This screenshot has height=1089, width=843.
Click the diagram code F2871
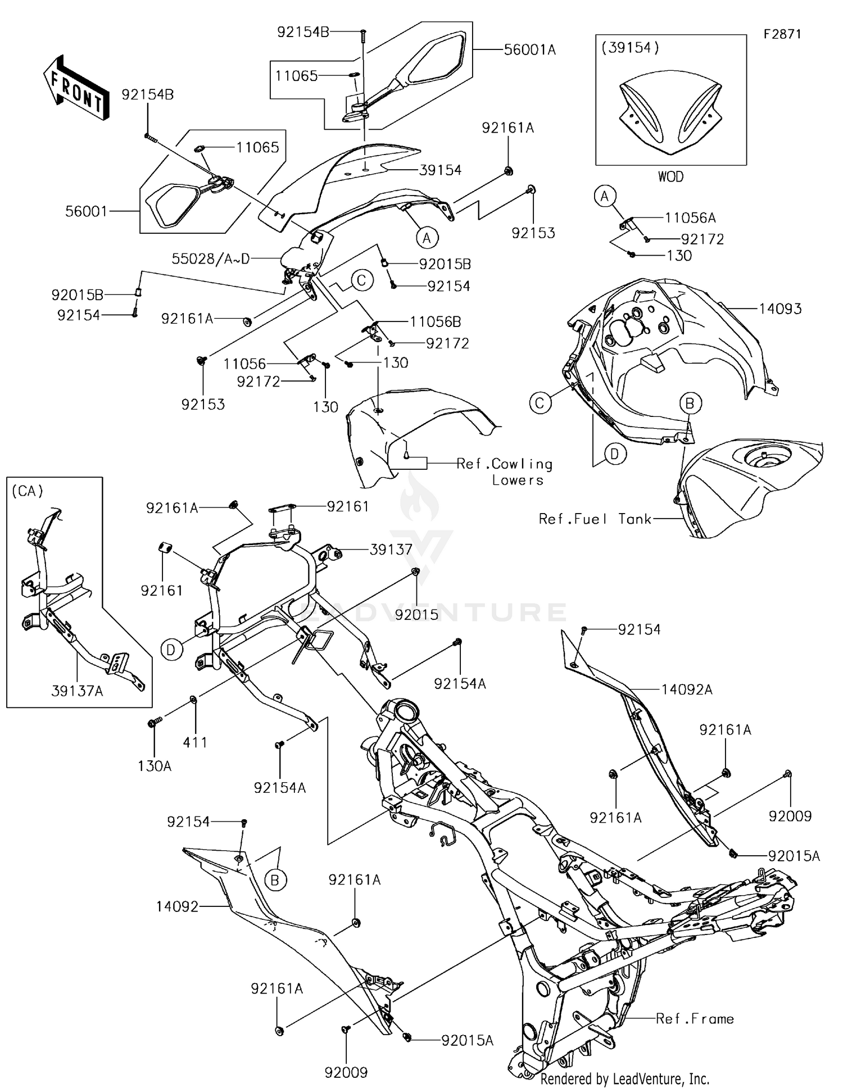coord(782,34)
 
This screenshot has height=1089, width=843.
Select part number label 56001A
coord(529,50)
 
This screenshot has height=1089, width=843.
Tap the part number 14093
coord(780,308)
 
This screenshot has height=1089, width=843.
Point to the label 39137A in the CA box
coord(77,691)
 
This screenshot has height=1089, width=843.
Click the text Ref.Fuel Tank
coord(595,519)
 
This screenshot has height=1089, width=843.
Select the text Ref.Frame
coord(695,1019)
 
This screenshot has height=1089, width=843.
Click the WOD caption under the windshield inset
coord(670,176)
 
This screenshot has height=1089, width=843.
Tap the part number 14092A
coord(686,689)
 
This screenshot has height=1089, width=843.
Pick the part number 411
coord(195,742)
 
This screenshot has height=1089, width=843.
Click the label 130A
coord(155,766)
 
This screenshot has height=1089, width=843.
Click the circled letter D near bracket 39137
coord(171,650)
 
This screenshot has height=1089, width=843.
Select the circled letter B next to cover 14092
coord(275,880)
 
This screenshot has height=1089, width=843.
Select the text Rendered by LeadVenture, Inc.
coord(624,1078)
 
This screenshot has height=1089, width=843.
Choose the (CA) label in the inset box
coord(27,491)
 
